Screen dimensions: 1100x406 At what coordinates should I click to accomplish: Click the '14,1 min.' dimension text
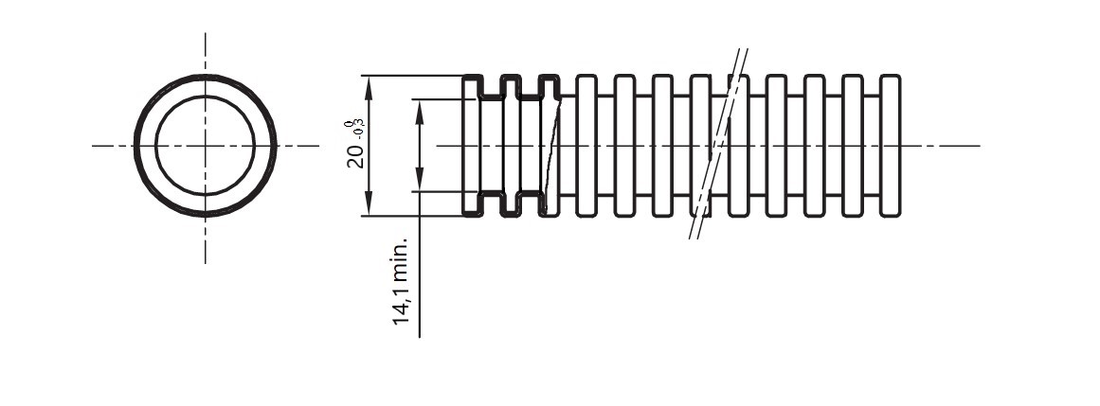pyautogui.click(x=400, y=280)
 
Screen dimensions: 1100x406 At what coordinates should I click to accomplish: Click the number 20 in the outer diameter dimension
pyautogui.click(x=356, y=156)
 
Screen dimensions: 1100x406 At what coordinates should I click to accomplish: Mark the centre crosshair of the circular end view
pyautogui.click(x=205, y=146)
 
